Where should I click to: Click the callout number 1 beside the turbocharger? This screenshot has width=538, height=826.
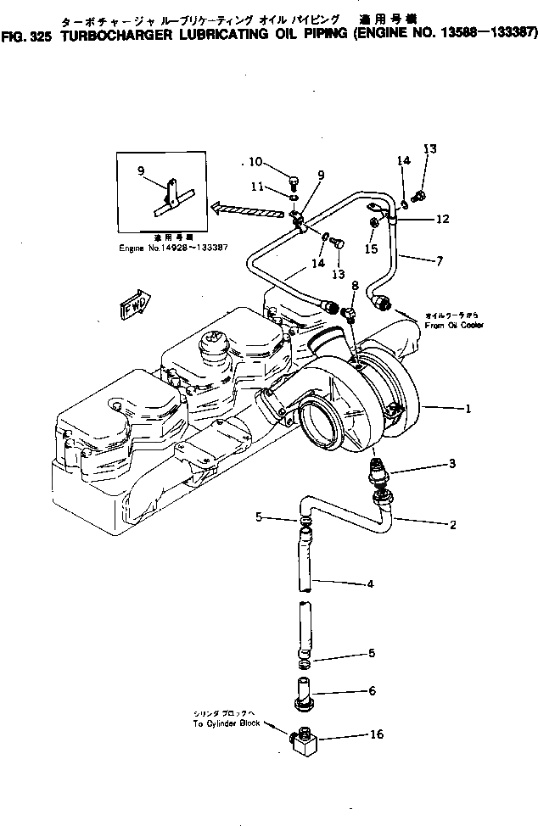[x=467, y=409]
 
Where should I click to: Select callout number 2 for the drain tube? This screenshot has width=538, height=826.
[x=453, y=525]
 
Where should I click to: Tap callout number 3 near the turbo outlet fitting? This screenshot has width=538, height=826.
[x=453, y=464]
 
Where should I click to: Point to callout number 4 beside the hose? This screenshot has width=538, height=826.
[x=370, y=583]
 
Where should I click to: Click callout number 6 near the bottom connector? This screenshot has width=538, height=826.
[x=371, y=692]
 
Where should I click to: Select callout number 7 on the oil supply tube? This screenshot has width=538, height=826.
[x=439, y=261]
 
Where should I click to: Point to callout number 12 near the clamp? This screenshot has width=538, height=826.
[x=442, y=219]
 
